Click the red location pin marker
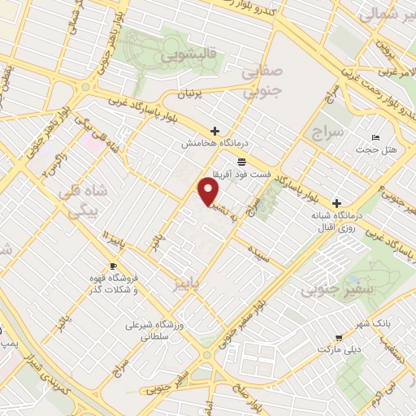coord(209,192)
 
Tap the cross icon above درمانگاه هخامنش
coord(215,131)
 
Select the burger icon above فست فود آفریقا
coord(242,162)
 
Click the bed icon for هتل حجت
coord(375,137)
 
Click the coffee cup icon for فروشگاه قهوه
coord(113,266)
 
